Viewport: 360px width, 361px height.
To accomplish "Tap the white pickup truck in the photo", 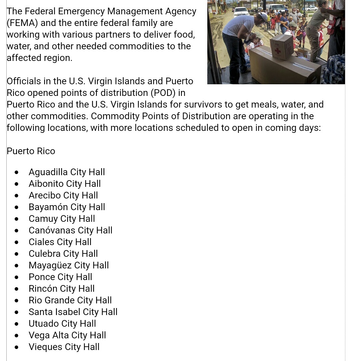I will coord(241,12).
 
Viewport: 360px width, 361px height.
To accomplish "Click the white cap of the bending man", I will coord(264,16).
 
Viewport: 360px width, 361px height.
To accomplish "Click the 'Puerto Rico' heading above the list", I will coord(31,151).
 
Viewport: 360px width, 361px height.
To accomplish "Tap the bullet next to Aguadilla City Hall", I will coord(17,172).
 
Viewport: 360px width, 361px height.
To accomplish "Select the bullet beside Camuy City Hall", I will coord(17,219).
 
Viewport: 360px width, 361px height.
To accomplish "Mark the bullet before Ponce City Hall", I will coord(17,277).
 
